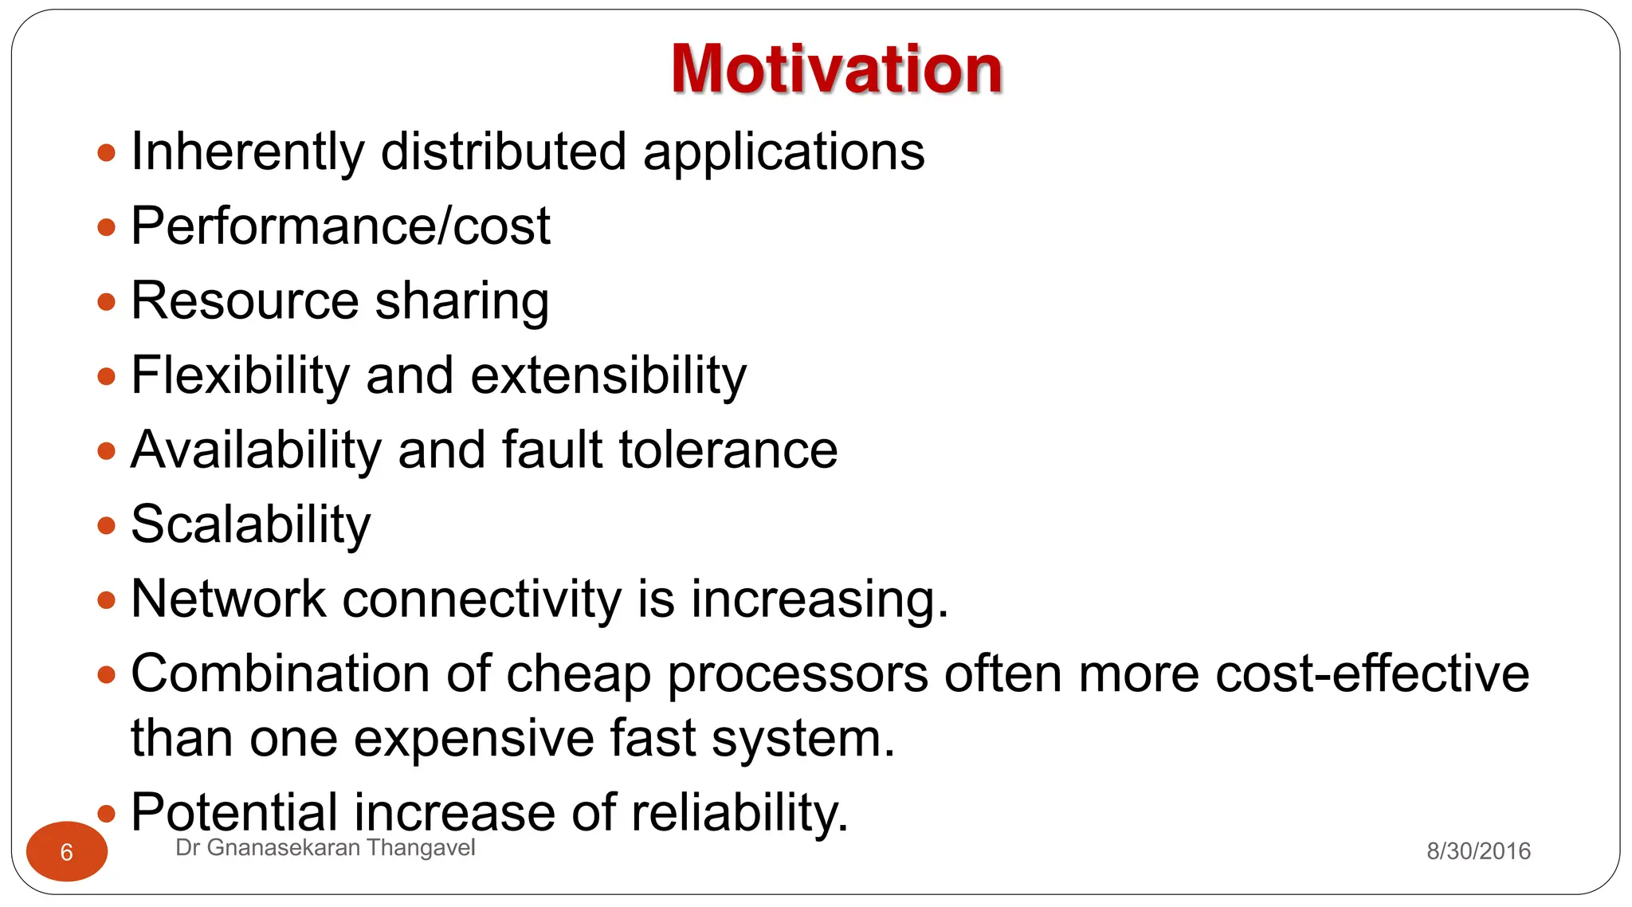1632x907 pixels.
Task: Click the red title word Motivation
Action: tap(836, 69)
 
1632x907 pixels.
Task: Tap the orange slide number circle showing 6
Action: tap(67, 851)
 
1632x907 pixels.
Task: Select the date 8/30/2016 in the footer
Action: tap(1478, 851)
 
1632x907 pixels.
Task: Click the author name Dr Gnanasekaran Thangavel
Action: tap(325, 848)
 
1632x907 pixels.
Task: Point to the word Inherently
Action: tap(248, 151)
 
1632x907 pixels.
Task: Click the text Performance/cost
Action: tap(340, 226)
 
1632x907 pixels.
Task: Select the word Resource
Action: tap(245, 300)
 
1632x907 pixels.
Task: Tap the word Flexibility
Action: tap(240, 375)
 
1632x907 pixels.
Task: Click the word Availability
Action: tap(256, 450)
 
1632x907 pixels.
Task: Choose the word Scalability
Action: tap(250, 524)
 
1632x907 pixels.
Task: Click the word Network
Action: tap(228, 599)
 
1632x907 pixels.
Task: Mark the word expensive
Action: tap(473, 738)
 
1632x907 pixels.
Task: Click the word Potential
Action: tap(234, 812)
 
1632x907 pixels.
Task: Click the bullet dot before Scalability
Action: tap(106, 525)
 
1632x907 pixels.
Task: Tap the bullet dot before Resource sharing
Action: tap(106, 301)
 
